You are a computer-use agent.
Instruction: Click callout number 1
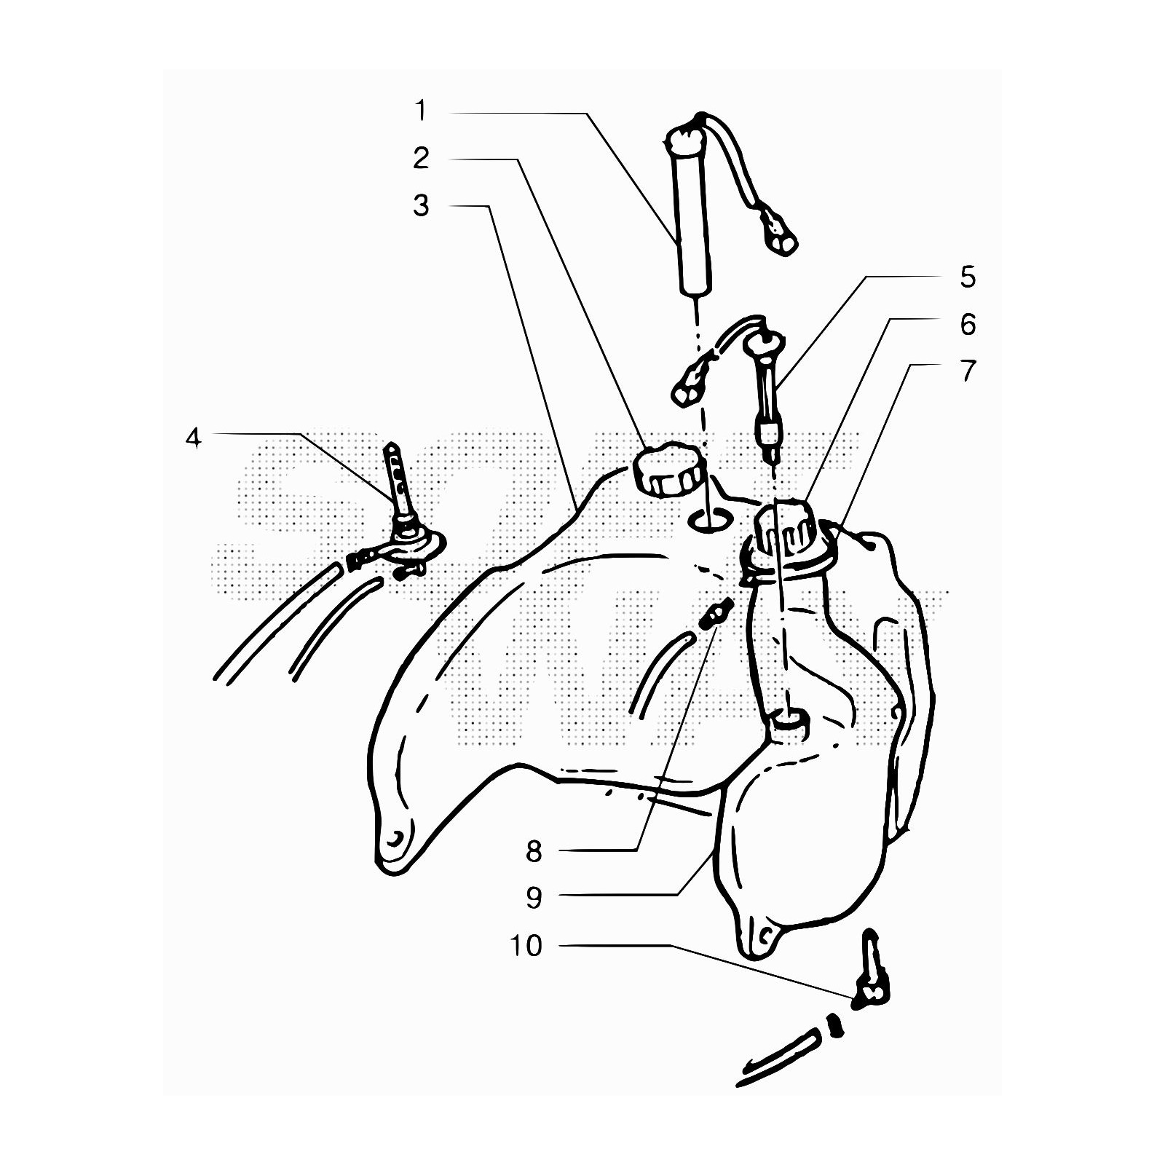click(x=420, y=111)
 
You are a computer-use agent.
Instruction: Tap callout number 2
click(x=421, y=158)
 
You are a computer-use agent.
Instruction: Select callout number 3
click(x=421, y=205)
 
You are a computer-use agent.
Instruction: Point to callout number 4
click(x=193, y=438)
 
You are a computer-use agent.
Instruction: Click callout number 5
click(x=968, y=277)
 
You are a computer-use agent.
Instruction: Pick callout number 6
click(x=968, y=324)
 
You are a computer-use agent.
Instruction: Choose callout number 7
click(x=968, y=371)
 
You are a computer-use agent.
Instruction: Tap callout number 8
click(x=534, y=850)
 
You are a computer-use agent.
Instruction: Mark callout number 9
click(x=534, y=898)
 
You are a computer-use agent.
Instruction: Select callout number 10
click(x=526, y=945)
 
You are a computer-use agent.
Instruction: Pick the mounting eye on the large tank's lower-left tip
click(x=395, y=839)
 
